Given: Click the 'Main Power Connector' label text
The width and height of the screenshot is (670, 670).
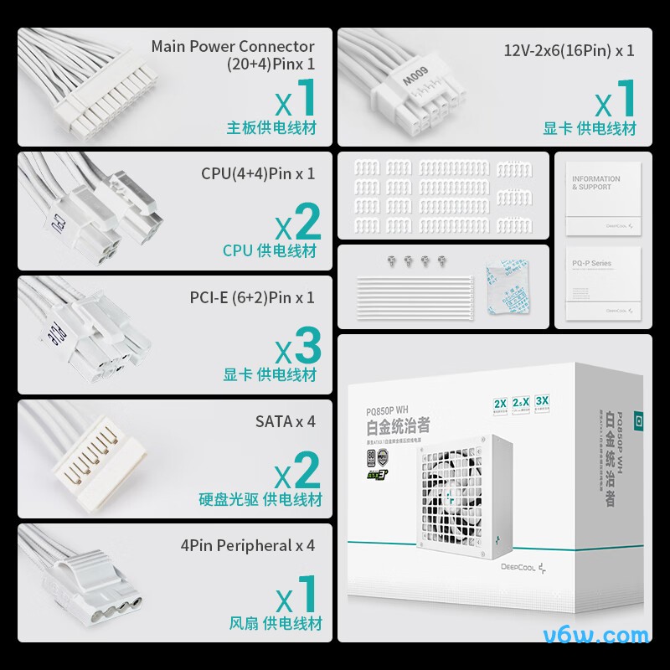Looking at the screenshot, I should point(233,47).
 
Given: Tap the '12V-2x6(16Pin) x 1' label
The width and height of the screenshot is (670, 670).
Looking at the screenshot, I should point(569,49).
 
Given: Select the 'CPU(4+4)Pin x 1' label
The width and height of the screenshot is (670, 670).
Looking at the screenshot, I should point(258,173).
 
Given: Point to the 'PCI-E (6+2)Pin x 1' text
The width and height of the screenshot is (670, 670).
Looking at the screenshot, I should point(252,297).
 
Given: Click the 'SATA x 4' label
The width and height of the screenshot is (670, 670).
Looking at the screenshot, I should point(285,421).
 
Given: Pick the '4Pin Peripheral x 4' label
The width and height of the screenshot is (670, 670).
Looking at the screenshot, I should point(248,545).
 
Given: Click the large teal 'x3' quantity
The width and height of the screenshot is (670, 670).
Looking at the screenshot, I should point(298,345).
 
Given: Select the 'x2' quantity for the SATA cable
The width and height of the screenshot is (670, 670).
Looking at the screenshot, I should point(298,471).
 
